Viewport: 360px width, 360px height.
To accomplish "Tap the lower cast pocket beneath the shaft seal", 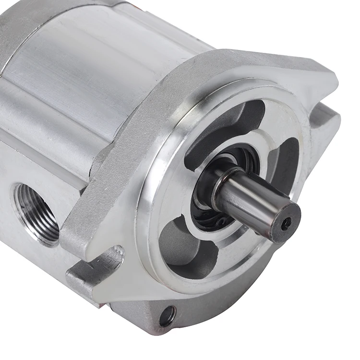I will tap(185, 250).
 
